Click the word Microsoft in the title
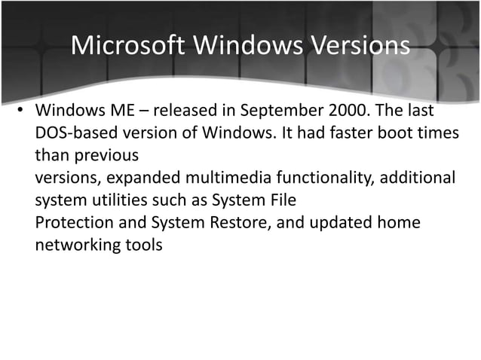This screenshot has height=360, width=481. point(127,45)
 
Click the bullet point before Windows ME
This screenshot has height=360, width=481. point(23,112)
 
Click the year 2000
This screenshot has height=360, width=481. point(349,112)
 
